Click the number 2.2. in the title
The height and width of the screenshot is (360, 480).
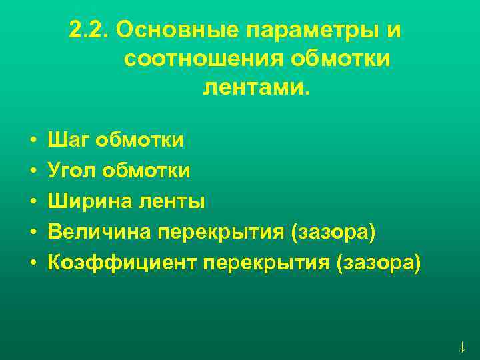pyautogui.click(x=89, y=31)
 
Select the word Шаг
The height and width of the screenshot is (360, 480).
pyautogui.click(x=68, y=141)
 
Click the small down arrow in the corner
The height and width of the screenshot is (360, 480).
pyautogui.click(x=461, y=347)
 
